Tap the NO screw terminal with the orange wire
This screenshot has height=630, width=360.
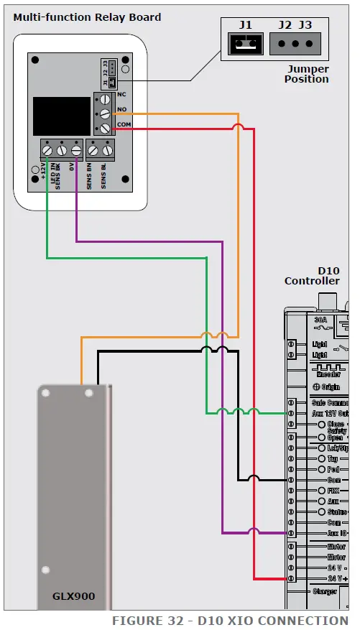(104, 114)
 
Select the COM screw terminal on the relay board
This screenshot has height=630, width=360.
(104, 129)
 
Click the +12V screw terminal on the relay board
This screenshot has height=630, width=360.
(47, 151)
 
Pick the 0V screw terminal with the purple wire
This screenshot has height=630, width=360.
(76, 151)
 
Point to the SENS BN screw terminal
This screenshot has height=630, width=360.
(93, 151)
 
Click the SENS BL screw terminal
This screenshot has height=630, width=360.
(108, 151)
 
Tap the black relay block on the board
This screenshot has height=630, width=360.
(62, 116)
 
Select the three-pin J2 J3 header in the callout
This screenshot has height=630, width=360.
(295, 45)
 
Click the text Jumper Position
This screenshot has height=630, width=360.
(307, 74)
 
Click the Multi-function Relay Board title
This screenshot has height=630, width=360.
(87, 17)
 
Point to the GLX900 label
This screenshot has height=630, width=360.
(73, 596)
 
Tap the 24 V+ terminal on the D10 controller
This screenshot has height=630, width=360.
(291, 578)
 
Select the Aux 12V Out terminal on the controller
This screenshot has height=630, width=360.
(291, 413)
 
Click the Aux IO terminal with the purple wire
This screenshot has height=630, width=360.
(291, 533)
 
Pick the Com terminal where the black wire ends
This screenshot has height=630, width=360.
(291, 480)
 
